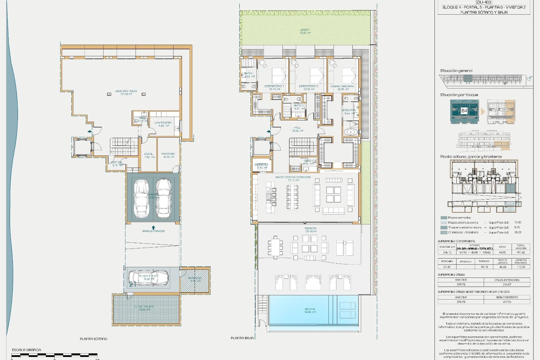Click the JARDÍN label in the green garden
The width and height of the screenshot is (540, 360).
coord(305,30)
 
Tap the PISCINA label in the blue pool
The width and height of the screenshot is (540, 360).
coord(310,309)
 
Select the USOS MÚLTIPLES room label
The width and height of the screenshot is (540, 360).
coord(126,91)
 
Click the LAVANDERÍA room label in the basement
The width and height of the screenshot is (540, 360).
coord(163,123)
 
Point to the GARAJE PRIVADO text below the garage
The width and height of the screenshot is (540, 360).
coord(153,231)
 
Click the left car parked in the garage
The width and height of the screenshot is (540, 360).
coord(141,198)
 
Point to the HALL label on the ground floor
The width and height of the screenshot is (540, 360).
coord(297,128)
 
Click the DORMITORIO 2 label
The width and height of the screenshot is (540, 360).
coord(309,86)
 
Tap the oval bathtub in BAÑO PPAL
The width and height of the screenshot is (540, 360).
coord(351,132)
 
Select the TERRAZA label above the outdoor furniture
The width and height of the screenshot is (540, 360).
coord(310,229)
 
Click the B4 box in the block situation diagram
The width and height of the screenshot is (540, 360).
coord(464,111)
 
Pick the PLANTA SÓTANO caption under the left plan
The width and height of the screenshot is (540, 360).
coord(94,339)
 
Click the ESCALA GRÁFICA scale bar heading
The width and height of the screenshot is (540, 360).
coord(26,350)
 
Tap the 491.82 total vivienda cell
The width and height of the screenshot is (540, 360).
coord(521,252)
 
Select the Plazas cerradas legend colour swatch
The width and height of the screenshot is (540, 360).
coord(444,218)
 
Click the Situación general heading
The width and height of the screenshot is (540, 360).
coord(456,71)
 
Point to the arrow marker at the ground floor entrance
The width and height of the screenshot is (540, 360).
coord(269,131)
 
